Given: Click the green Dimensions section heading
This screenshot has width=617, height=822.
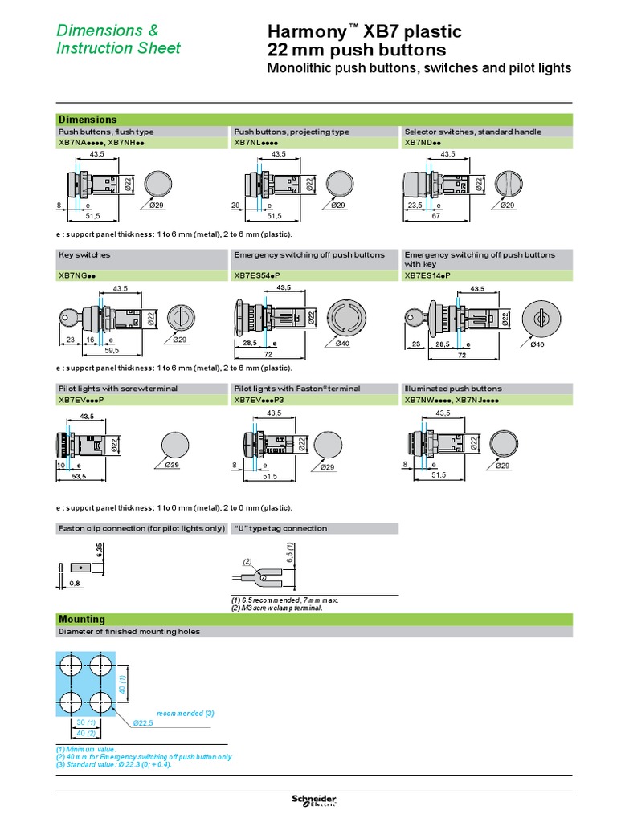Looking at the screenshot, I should coord(88,120).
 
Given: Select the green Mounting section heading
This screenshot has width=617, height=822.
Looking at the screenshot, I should coord(82,619).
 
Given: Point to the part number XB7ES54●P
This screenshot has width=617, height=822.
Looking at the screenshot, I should coord(262,275).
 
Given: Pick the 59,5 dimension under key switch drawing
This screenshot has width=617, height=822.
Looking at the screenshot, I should coord(111,350).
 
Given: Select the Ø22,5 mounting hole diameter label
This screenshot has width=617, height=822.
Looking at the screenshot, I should coord(144,722).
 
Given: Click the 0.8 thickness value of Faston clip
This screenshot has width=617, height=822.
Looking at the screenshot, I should coord(75,584).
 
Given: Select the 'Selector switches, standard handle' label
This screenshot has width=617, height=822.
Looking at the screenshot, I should coord(472,132).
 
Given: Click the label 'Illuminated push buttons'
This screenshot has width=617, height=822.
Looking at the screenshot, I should coord(453,388).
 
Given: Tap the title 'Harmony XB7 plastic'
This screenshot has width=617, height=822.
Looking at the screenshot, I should coord(364,32).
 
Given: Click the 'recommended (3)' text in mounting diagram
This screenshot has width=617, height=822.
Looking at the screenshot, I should coord(186,713).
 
